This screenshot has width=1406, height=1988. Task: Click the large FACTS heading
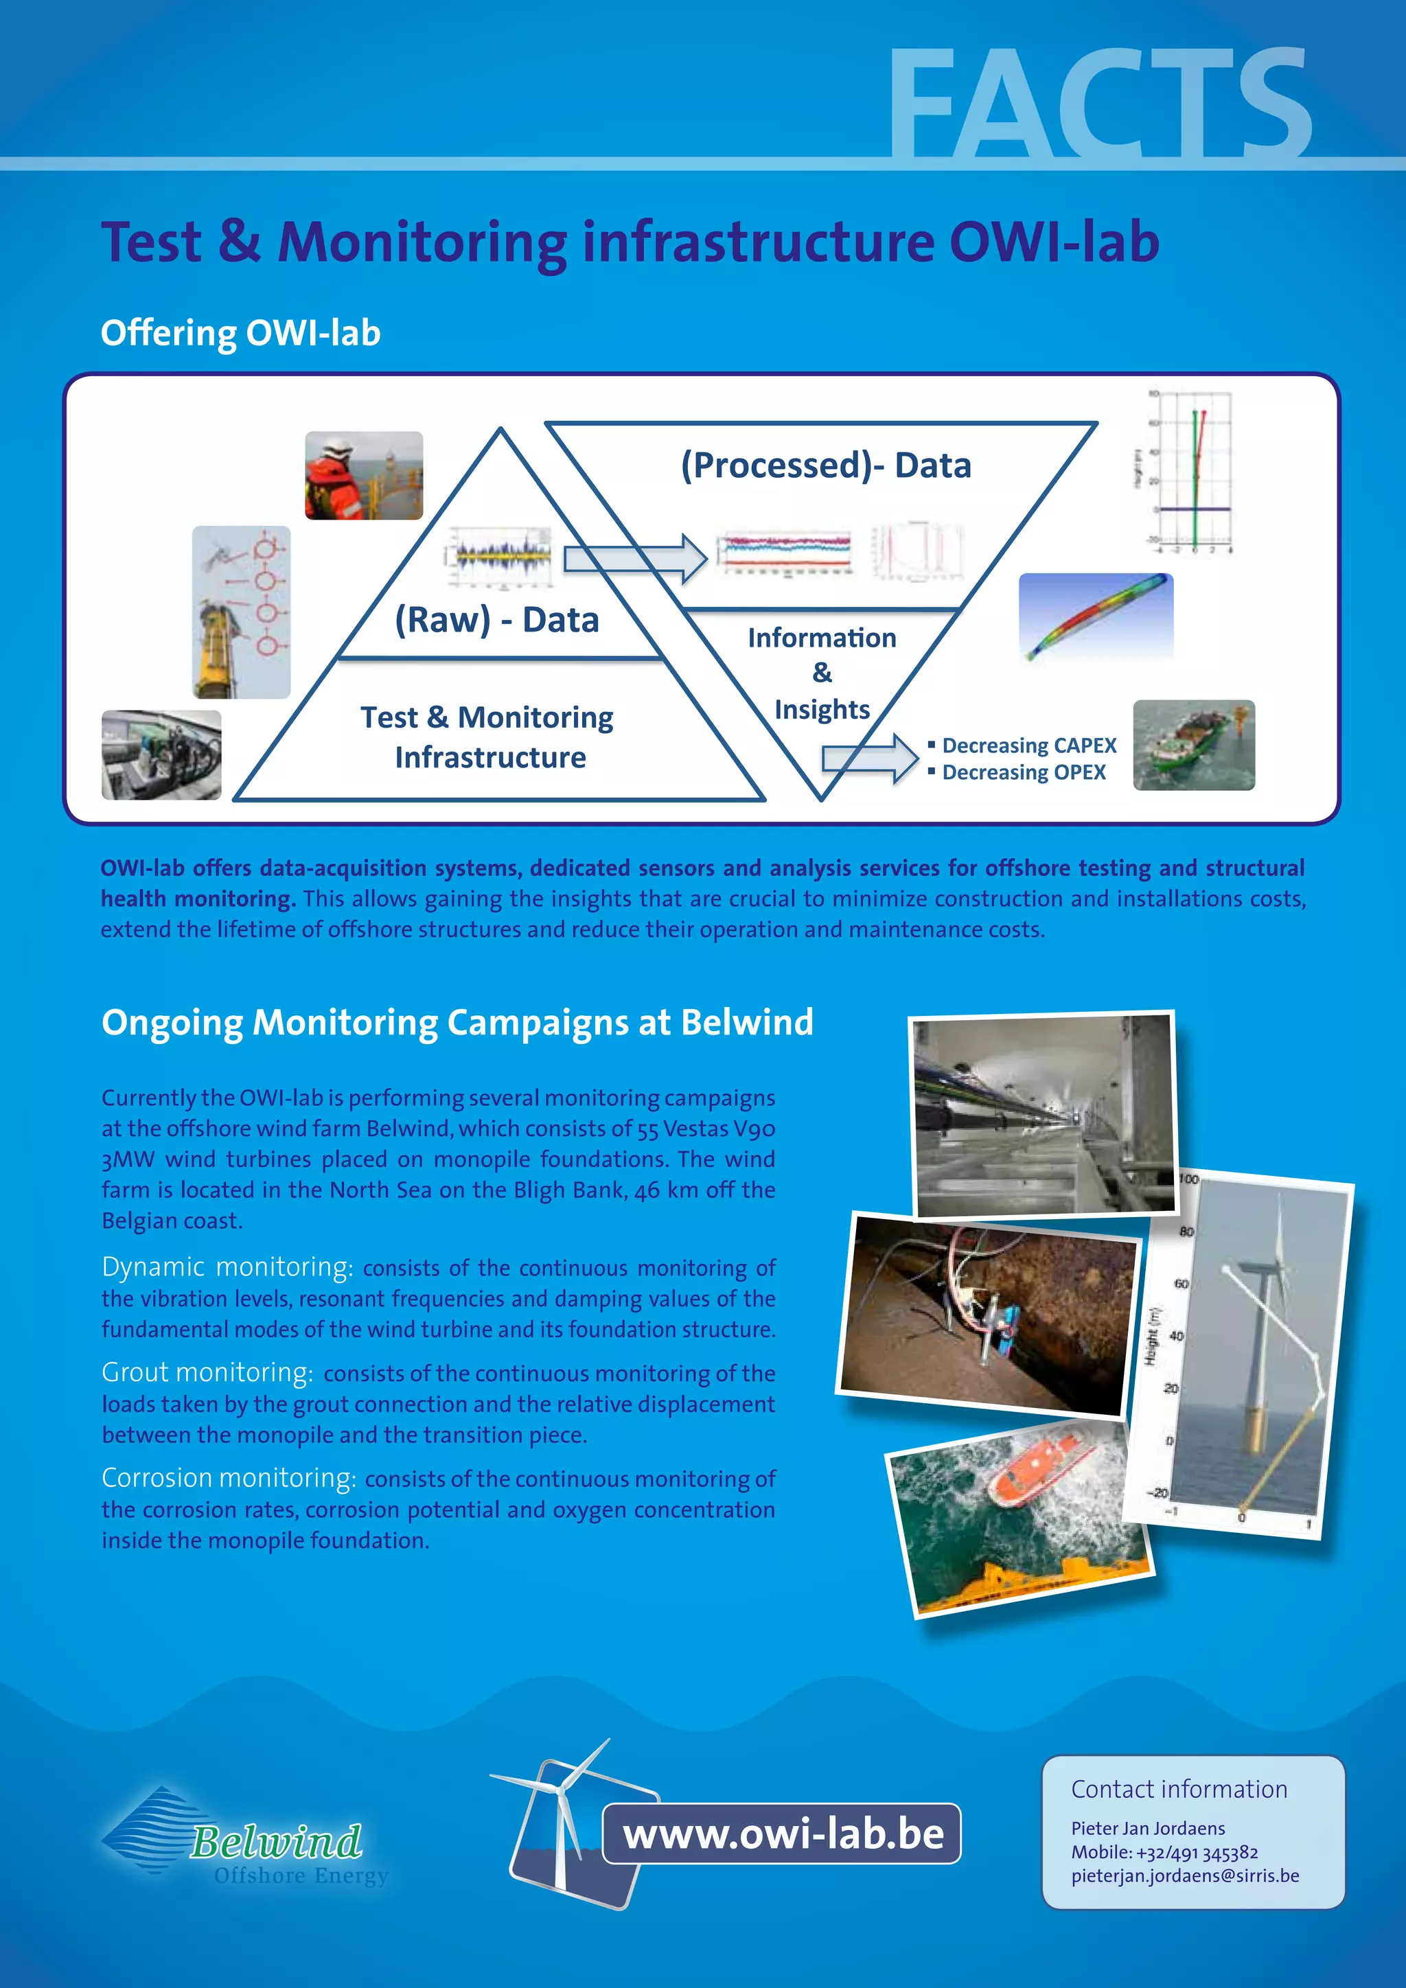coord(1100,106)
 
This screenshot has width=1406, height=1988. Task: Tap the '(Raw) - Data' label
coord(497,620)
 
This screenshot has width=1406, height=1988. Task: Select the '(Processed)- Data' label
coord(826,466)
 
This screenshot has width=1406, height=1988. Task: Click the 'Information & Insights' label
coord(822,673)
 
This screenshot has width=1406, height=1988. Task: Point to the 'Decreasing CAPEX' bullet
coord(1028,745)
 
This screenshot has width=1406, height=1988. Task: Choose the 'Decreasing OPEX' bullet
coord(1024,772)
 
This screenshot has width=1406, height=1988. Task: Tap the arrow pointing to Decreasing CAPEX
coord(869,759)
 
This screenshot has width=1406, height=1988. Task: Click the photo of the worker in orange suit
coord(364,475)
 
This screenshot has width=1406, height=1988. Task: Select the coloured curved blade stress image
coord(1096,616)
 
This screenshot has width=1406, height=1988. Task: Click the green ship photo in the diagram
coord(1193,745)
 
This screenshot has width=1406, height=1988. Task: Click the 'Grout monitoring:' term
coord(207,1372)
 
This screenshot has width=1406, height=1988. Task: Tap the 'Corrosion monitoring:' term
coord(229,1478)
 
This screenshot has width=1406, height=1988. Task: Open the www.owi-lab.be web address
coord(783,1834)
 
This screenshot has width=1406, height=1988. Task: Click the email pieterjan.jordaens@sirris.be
coord(1184,1875)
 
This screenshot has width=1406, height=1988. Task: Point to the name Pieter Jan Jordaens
coord(1147,1828)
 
